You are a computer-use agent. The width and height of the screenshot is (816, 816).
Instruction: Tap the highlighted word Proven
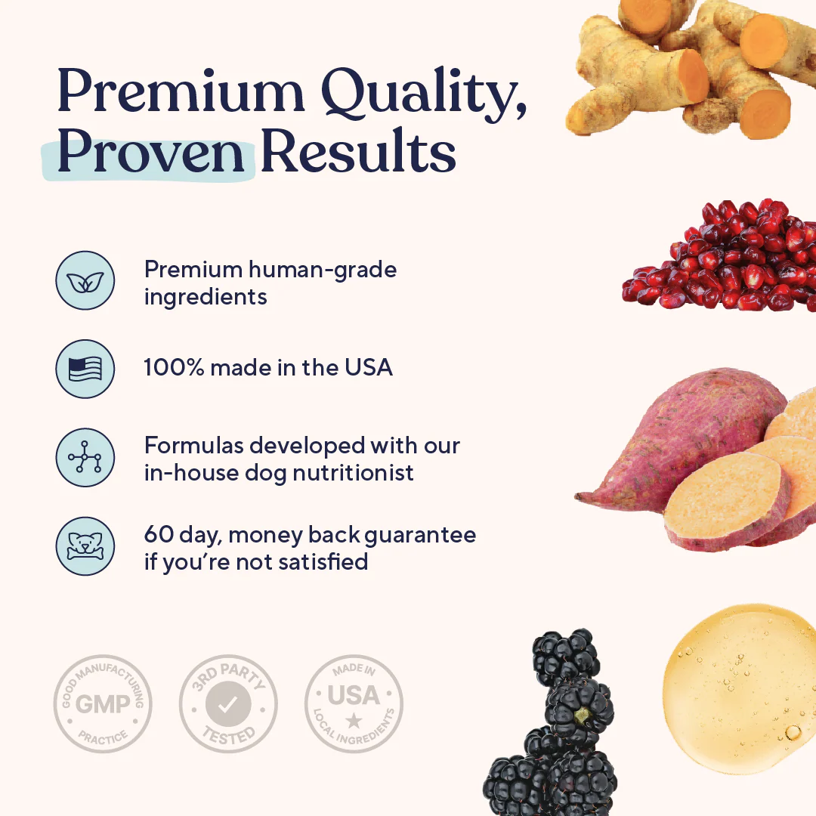(150, 153)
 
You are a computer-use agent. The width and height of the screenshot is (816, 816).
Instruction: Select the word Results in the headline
(358, 153)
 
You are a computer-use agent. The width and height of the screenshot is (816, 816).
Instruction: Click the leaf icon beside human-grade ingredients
(85, 280)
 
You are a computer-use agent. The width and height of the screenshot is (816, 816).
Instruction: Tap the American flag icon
(85, 369)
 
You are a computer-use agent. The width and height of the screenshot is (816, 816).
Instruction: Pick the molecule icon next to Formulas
(85, 458)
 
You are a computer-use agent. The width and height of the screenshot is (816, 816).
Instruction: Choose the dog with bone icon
(85, 546)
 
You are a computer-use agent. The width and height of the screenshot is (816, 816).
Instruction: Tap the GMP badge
(103, 703)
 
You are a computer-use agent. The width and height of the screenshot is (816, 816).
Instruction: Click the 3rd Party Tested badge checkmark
(227, 705)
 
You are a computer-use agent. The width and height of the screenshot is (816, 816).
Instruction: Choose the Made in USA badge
(353, 703)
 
